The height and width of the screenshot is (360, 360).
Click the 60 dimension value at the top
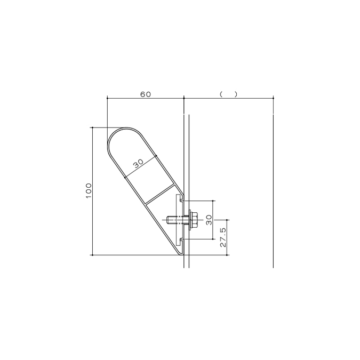click(146, 94)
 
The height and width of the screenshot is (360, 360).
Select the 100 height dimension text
click(89, 190)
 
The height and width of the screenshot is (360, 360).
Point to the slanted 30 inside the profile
click(139, 164)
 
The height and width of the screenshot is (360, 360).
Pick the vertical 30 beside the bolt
click(209, 219)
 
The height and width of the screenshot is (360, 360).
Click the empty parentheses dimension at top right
click(228, 94)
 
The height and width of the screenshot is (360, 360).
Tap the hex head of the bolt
click(191, 219)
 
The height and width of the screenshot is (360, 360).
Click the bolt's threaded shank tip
click(169, 219)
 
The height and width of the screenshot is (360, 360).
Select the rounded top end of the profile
click(125, 130)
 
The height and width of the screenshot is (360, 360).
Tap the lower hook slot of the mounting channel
click(183, 240)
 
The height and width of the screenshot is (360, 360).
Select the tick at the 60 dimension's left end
click(107, 98)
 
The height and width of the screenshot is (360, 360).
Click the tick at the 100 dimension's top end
click(93, 127)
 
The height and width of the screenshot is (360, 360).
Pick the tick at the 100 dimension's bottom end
click(93, 255)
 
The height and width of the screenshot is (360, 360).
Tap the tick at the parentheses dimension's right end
click(273, 98)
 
